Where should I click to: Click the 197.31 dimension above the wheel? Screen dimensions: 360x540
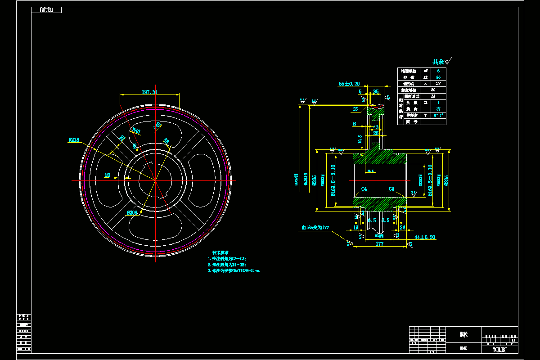149,92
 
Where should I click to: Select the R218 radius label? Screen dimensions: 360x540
74,140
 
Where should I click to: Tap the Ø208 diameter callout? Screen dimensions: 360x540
132,212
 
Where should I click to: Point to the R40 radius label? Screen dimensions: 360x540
136,130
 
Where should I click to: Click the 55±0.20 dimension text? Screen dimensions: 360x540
349,84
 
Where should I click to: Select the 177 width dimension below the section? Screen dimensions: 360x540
379,243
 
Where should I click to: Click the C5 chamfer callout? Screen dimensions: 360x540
355,109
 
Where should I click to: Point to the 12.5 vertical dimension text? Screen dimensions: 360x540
360,139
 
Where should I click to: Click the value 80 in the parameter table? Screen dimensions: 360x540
438,77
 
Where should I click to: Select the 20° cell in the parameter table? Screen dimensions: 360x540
438,84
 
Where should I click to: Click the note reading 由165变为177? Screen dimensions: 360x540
315,228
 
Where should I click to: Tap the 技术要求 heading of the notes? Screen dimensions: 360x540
221,252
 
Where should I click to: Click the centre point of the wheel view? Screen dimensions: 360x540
155,180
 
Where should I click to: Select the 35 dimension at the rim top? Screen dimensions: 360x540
376,92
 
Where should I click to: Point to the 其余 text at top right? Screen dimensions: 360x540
438,62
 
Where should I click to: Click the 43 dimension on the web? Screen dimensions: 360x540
376,127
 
